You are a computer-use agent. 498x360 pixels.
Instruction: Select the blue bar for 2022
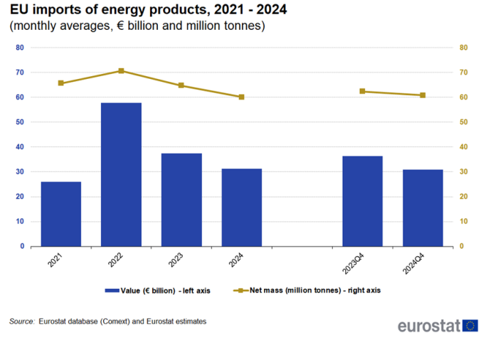coord(121,174)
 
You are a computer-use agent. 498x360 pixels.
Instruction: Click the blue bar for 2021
coord(61,214)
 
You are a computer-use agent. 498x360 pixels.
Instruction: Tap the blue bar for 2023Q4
coord(362,201)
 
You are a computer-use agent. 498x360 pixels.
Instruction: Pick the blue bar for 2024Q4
coord(423,208)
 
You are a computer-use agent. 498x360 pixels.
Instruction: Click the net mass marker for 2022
coord(121,71)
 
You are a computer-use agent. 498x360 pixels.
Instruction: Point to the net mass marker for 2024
coord(241,97)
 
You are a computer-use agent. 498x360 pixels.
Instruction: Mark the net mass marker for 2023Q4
coord(362,91)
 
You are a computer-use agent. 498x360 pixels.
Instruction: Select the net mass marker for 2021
coord(61,83)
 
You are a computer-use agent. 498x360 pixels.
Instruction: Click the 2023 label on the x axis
coord(176,260)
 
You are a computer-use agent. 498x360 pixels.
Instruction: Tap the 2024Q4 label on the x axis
coord(413,263)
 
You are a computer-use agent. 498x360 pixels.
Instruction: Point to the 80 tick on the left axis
coord(20,48)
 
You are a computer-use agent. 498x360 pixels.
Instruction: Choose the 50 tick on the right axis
coord(463,122)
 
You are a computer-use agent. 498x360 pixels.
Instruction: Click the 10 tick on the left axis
coord(20,221)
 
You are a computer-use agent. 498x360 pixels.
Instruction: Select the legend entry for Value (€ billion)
coord(157,291)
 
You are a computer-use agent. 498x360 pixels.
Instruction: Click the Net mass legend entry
coord(307,290)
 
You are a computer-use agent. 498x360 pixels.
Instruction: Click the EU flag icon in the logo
coord(470,326)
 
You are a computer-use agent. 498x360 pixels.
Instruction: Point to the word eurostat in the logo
coord(429,326)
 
